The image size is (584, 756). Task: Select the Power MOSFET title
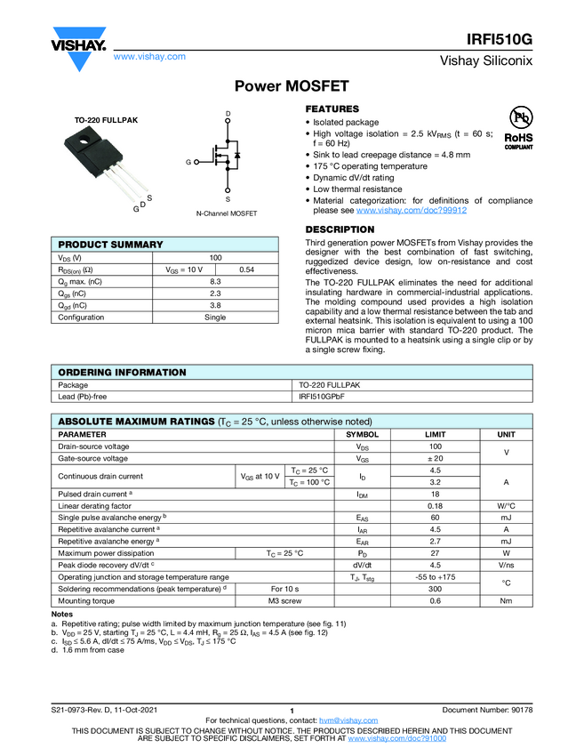click(x=292, y=86)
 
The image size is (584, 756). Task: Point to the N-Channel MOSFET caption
click(x=227, y=214)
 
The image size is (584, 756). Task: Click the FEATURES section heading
click(x=332, y=108)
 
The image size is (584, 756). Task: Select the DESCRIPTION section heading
click(x=340, y=229)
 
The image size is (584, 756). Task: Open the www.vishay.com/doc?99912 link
click(x=412, y=211)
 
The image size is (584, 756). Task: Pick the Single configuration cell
click(x=215, y=318)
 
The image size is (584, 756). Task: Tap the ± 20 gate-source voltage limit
click(x=436, y=458)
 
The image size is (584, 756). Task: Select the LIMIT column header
click(x=436, y=433)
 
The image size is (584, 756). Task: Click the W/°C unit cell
click(x=506, y=505)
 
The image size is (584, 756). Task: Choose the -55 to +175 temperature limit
click(x=436, y=577)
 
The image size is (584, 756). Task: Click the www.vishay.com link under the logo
click(x=149, y=56)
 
